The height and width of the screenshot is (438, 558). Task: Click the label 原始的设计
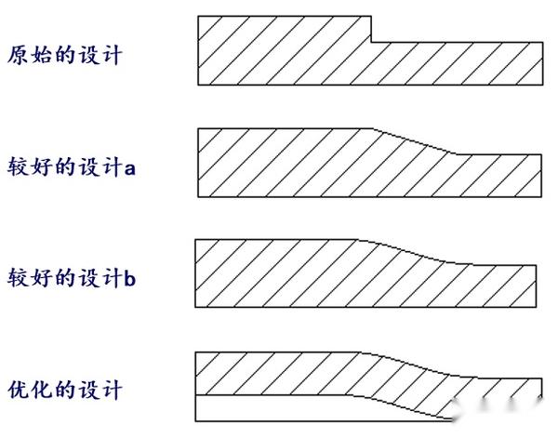[64, 55]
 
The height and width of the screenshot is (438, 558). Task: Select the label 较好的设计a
[72, 166]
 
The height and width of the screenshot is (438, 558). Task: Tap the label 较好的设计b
[72, 277]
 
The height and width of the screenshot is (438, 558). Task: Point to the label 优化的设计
[64, 389]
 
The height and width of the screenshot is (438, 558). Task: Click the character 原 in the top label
[18, 55]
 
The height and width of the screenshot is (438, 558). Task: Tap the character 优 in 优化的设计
[18, 389]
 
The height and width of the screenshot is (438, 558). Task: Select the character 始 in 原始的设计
[41, 55]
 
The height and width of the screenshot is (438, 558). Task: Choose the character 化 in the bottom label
[41, 389]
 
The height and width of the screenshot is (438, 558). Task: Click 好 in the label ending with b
[41, 277]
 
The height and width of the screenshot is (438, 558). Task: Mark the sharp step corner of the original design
[373, 41]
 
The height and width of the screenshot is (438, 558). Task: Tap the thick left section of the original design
[279, 51]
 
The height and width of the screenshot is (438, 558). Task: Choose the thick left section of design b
[279, 273]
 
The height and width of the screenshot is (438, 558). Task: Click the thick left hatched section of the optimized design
[279, 372]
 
